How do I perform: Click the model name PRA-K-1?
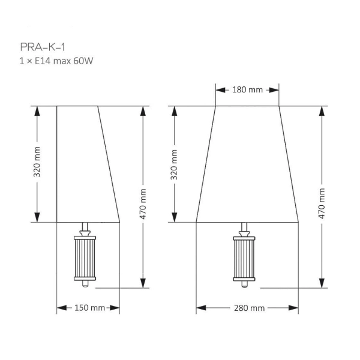[x=43, y=47]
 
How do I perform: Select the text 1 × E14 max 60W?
[x=56, y=61]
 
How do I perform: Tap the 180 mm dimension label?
[x=247, y=90]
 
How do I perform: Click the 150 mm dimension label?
[x=89, y=308]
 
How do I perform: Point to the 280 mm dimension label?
[x=250, y=308]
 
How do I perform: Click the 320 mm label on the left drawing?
[x=37, y=162]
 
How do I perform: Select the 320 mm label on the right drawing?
[x=174, y=164]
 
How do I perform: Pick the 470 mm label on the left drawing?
[x=143, y=204]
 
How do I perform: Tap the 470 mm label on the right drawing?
[x=322, y=203]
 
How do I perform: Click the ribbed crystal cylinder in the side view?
[x=85, y=258]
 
